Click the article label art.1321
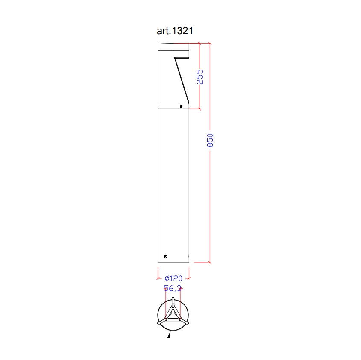(x=175, y=31)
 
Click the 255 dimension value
(x=200, y=76)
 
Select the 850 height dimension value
(x=210, y=140)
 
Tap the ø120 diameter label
(x=173, y=278)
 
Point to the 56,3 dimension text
(x=173, y=288)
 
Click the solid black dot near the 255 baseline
(x=181, y=107)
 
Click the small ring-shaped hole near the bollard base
(x=166, y=256)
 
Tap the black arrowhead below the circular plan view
(x=169, y=335)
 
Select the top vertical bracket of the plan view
(x=173, y=302)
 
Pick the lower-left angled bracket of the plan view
(x=162, y=322)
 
